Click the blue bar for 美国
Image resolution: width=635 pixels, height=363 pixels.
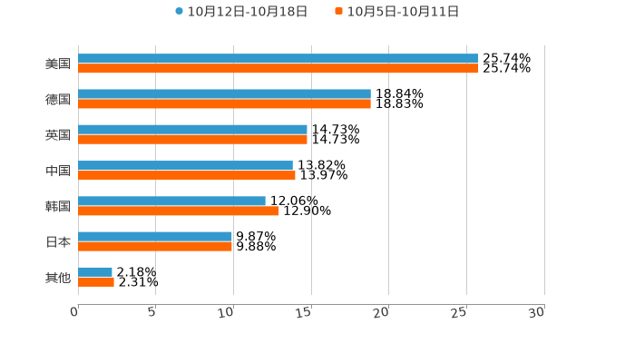click(278, 58)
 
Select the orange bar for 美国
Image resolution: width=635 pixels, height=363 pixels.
click(278, 68)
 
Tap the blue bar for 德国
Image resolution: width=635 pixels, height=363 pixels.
click(224, 93)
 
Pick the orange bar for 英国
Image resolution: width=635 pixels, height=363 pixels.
click(192, 140)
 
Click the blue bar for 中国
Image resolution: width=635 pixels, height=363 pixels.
click(185, 165)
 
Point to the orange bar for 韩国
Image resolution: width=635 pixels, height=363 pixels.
click(178, 211)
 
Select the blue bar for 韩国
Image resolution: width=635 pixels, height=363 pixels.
click(171, 201)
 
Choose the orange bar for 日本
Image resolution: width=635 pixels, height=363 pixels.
click(155, 246)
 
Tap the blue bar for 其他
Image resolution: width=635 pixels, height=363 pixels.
click(95, 272)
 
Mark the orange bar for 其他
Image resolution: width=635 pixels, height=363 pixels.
click(96, 282)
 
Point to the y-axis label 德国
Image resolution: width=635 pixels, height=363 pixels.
click(58, 99)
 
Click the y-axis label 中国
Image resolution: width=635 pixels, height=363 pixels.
click(58, 171)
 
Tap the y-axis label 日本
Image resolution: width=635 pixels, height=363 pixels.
click(58, 241)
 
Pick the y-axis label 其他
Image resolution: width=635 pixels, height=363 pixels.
click(58, 277)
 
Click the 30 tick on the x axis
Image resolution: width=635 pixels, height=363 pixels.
click(537, 312)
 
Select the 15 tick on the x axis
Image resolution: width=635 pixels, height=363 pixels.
click(305, 312)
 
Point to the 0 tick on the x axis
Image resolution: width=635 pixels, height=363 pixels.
click(75, 312)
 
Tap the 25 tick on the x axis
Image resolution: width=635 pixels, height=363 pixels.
click(459, 312)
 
